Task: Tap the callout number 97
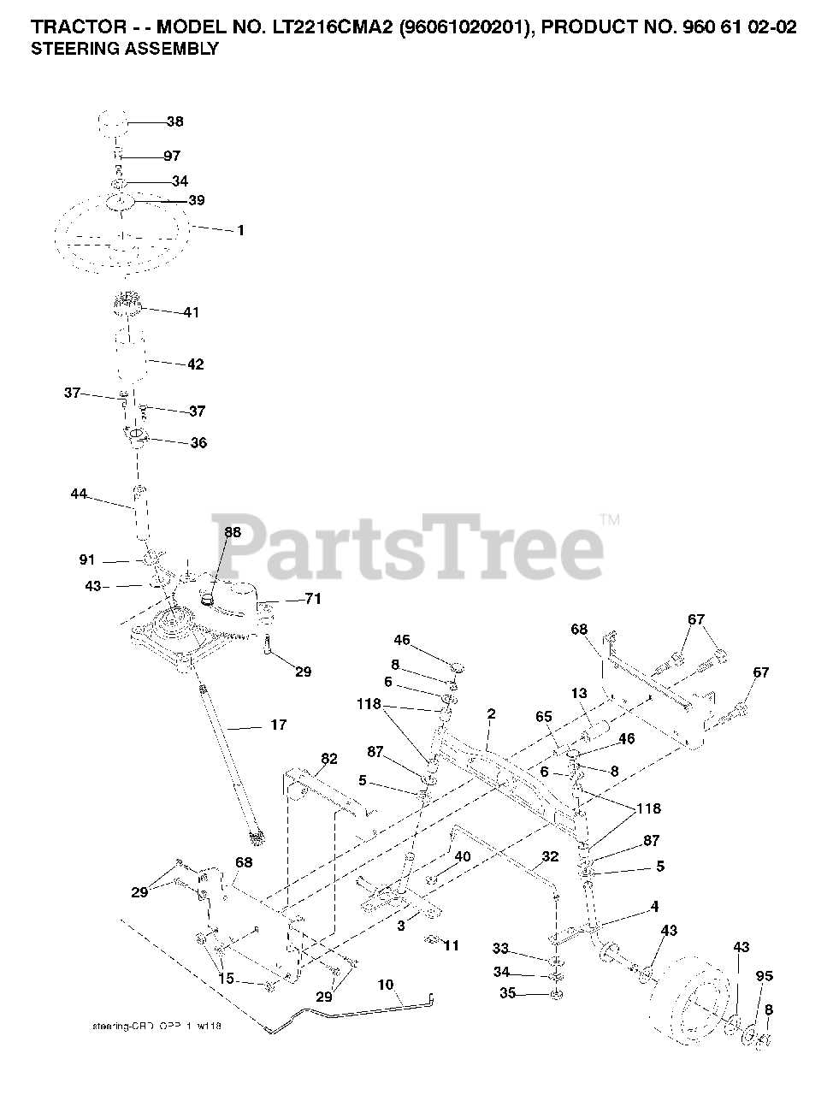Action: [172, 156]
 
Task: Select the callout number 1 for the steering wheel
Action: [240, 230]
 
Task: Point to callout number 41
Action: [191, 312]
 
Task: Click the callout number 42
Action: [195, 364]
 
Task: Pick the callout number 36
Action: [198, 443]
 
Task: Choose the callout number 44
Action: [79, 494]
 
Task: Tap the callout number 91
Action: [87, 560]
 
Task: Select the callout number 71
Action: [313, 599]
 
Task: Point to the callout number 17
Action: [278, 725]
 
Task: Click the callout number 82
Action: [329, 758]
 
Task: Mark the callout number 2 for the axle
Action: [491, 713]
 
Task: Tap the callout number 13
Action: [579, 693]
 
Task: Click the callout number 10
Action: [385, 985]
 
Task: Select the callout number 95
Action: [764, 976]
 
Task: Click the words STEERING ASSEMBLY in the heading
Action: [124, 49]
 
